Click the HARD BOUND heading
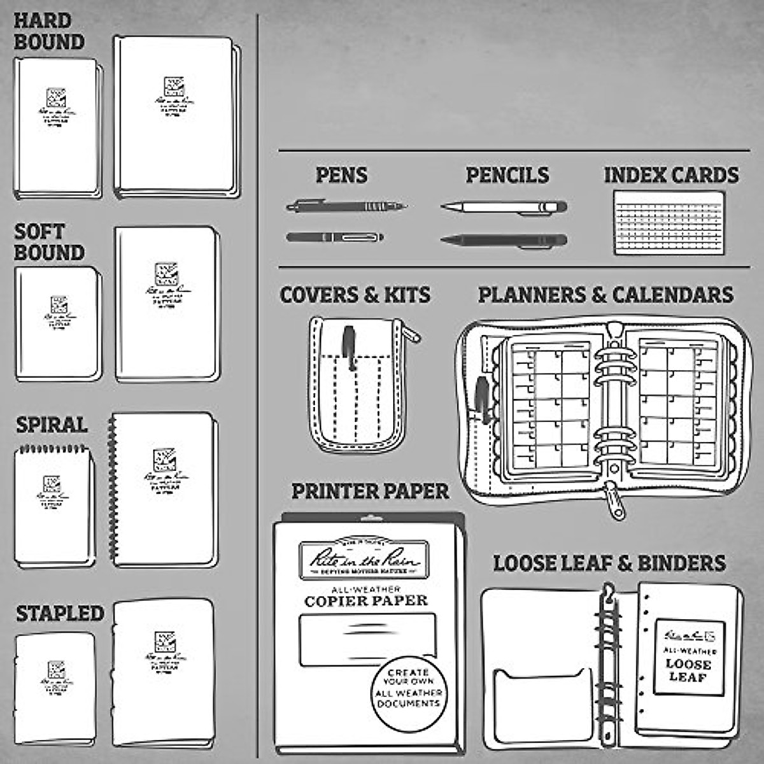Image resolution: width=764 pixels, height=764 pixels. (x=49, y=32)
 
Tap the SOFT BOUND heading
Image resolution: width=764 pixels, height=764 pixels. (x=49, y=243)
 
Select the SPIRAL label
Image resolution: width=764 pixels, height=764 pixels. (x=52, y=425)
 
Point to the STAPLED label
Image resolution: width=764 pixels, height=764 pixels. (x=60, y=614)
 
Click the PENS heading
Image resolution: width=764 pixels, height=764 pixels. (x=342, y=175)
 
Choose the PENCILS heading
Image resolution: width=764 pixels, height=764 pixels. (x=507, y=175)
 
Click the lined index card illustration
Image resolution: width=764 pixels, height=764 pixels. (x=670, y=223)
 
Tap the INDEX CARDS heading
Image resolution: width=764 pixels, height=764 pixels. (x=671, y=175)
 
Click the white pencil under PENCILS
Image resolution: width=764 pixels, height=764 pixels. (x=503, y=207)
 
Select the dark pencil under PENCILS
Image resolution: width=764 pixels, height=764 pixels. (x=503, y=241)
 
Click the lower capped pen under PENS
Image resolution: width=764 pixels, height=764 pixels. (x=335, y=237)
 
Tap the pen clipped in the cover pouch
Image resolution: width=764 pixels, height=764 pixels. (x=350, y=348)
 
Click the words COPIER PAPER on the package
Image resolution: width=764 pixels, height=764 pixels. (x=366, y=601)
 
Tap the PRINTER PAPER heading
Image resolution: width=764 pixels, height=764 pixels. (x=370, y=492)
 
